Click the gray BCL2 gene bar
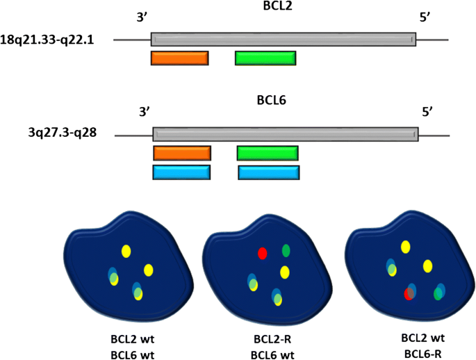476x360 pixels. click(284, 40)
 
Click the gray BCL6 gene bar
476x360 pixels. click(286, 135)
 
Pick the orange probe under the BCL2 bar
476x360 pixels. click(179, 58)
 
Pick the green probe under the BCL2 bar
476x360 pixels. click(265, 58)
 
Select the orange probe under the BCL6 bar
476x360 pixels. click(182, 153)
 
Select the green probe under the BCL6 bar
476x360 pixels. click(268, 153)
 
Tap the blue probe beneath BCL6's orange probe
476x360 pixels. click(182, 172)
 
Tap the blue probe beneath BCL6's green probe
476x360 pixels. click(269, 172)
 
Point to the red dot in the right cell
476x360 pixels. click(409, 294)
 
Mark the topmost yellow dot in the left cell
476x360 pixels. click(126, 251)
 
